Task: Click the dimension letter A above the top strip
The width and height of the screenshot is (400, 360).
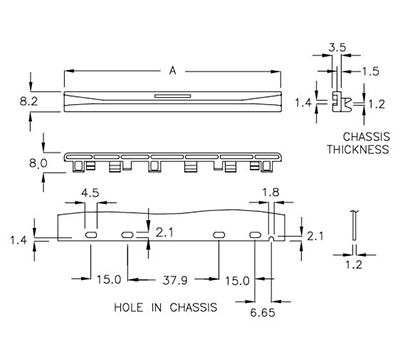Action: coord(176,71)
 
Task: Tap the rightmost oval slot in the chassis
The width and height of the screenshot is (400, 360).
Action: coord(257,234)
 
